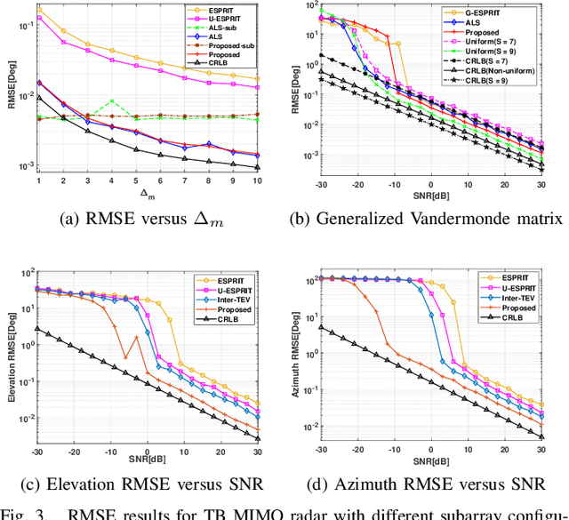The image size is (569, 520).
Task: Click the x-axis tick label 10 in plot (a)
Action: tap(257, 180)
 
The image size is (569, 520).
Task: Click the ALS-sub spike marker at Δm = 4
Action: tap(111, 101)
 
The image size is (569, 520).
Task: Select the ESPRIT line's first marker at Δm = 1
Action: tap(39, 10)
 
